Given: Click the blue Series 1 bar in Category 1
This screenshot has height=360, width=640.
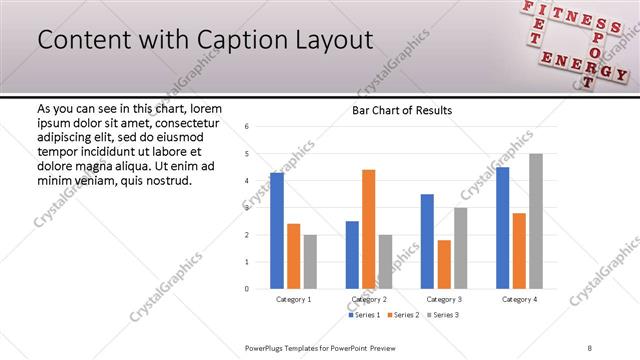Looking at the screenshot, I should coord(277,231).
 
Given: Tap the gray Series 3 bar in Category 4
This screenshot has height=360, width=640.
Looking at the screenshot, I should coord(535,221).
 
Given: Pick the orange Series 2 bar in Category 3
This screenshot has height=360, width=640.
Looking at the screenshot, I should coord(444,264).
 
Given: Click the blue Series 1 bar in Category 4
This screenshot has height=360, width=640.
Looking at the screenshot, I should coord(502,228).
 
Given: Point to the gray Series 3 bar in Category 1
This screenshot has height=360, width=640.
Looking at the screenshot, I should coord(310,262).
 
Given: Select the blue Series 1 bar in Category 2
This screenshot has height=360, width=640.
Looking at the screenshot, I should coord(352,255).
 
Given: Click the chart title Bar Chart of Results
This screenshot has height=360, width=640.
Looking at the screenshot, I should coord(402,110).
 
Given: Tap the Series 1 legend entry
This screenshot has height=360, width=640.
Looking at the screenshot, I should coord(363,315).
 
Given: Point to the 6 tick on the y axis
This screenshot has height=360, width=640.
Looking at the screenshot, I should coord(247,126).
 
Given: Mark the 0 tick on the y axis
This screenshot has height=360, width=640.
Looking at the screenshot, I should coord(247,289).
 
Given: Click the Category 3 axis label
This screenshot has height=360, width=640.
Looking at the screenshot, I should coord(444,299).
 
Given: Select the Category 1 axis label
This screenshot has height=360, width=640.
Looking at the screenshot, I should coord(293,299).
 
